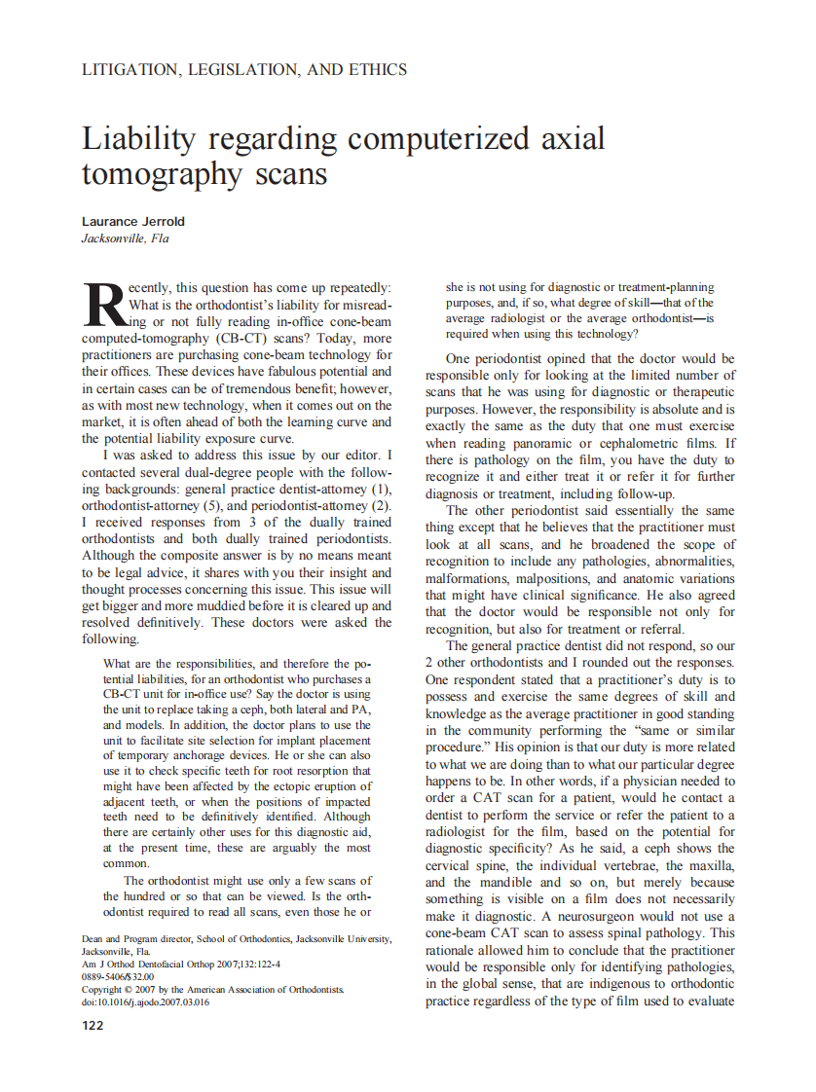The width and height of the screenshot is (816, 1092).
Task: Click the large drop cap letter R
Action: pyautogui.click(x=103, y=305)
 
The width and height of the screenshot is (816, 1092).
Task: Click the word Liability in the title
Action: pyautogui.click(x=142, y=139)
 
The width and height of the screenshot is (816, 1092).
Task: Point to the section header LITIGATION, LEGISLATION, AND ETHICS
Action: pyautogui.click(x=244, y=69)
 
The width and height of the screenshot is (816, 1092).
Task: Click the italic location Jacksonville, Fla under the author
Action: pyautogui.click(x=125, y=238)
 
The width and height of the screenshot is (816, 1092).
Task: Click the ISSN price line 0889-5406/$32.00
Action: pyautogui.click(x=118, y=976)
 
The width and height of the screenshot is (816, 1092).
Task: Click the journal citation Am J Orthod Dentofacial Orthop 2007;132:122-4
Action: pyautogui.click(x=181, y=964)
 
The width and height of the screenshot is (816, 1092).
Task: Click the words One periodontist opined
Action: pyautogui.click(x=523, y=358)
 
